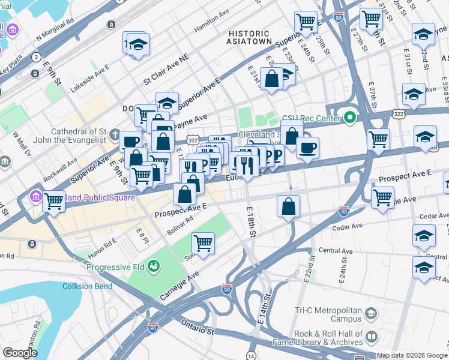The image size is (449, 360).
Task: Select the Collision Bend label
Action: (87, 286)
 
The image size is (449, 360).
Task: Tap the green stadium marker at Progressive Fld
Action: (154, 265)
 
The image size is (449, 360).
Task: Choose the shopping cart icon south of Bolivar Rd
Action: (203, 244)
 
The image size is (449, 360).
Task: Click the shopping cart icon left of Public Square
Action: (54, 201)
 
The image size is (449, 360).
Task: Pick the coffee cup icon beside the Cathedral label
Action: (130, 142)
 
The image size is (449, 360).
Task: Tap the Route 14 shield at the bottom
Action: (251, 355)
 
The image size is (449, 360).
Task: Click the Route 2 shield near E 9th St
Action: (37, 58)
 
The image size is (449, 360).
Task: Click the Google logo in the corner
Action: (20, 353)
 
